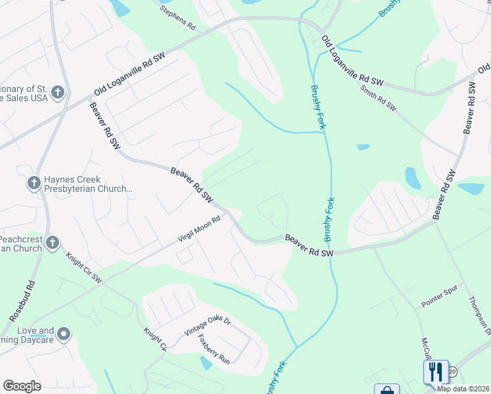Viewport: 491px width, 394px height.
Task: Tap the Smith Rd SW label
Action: (x=379, y=97)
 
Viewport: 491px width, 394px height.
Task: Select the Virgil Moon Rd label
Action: (x=198, y=231)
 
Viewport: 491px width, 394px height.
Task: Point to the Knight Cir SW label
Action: (x=85, y=270)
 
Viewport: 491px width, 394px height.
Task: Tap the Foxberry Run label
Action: (x=214, y=350)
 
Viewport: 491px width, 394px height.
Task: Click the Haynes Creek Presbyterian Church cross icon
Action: (x=34, y=183)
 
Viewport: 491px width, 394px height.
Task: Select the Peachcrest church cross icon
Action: (x=52, y=244)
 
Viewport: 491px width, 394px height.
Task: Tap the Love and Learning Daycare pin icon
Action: (x=64, y=335)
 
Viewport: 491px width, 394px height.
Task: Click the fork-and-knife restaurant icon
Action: (x=436, y=372)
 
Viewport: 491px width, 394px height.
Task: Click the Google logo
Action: (x=22, y=386)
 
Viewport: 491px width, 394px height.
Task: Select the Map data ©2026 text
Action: (x=463, y=388)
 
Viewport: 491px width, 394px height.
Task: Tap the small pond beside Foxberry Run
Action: (x=206, y=362)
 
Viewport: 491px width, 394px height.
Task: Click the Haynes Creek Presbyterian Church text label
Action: (x=89, y=183)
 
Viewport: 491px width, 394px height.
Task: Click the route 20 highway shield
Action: (x=452, y=372)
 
